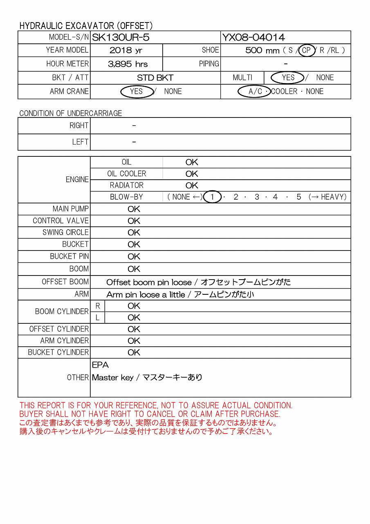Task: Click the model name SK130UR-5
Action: pyautogui.click(x=121, y=38)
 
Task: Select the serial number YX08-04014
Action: pyautogui.click(x=253, y=38)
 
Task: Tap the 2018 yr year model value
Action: pyautogui.click(x=126, y=50)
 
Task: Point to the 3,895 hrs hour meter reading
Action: pyautogui.click(x=128, y=64)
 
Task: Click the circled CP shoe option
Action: pyautogui.click(x=306, y=50)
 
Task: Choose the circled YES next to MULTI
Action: pyautogui.click(x=288, y=77)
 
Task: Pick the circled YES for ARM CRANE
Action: pyautogui.click(x=136, y=91)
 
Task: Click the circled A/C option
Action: pyautogui.click(x=255, y=91)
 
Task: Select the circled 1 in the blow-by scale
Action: pyautogui.click(x=212, y=197)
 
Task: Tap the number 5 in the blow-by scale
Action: pyautogui.click(x=299, y=197)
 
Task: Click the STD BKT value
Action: pyautogui.click(x=155, y=78)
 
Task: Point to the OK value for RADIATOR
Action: pyautogui.click(x=192, y=185)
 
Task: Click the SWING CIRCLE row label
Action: pyautogui.click(x=65, y=233)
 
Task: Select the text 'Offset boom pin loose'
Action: pyautogui.click(x=149, y=282)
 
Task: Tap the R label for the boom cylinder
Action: pyautogui.click(x=98, y=306)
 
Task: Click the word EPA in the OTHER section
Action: pyautogui.click(x=101, y=365)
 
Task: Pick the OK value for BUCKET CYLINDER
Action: pyautogui.click(x=134, y=352)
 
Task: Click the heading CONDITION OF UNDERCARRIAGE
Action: pyautogui.click(x=71, y=113)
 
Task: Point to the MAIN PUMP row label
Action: pyautogui.click(x=70, y=209)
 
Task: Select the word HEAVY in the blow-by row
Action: pyautogui.click(x=333, y=197)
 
